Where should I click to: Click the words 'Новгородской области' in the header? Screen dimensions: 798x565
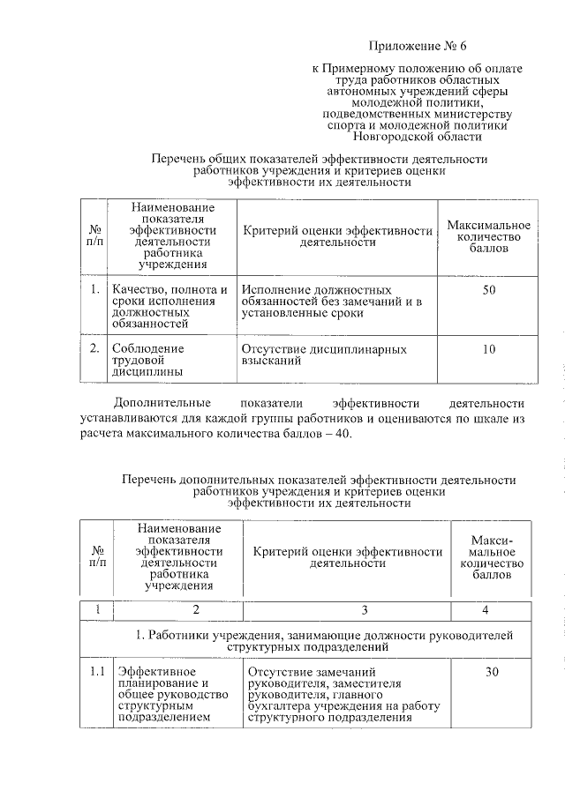[x=417, y=137]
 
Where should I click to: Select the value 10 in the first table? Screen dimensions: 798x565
[x=488, y=349]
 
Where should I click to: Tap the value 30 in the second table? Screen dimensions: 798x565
[x=492, y=673]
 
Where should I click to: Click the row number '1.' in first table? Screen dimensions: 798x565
[x=94, y=289]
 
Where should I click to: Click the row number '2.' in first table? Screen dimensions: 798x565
[x=94, y=349]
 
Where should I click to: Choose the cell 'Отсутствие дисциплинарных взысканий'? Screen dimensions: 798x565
[x=324, y=355]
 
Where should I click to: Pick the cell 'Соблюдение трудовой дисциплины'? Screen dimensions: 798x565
[x=148, y=361]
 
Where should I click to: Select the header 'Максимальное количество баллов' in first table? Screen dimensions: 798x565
[x=488, y=238]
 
